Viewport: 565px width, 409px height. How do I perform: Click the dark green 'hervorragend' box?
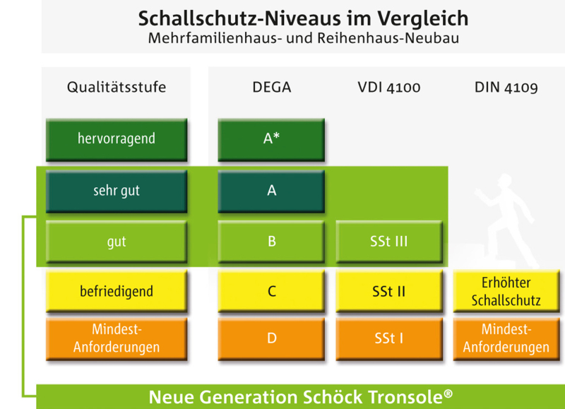coord(117,139)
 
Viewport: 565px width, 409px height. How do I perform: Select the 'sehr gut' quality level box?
coord(117,191)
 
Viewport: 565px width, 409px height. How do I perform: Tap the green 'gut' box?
coord(117,242)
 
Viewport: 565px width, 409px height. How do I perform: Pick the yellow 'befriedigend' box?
coord(117,291)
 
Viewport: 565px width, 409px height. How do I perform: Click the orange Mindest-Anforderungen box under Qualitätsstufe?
coord(117,339)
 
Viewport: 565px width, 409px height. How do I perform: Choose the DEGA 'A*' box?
coord(271,139)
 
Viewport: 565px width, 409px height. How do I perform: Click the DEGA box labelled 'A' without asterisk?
coord(271,191)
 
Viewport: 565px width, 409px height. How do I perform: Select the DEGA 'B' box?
coord(271,242)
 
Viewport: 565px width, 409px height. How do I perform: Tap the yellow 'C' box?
coord(271,291)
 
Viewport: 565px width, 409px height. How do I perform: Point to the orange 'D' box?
coord(271,339)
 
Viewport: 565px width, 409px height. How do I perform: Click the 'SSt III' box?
coord(389,242)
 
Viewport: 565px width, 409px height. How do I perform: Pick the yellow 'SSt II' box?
coord(389,291)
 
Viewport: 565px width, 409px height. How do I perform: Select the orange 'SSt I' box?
coord(389,339)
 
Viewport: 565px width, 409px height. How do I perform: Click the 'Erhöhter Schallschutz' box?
coord(506,291)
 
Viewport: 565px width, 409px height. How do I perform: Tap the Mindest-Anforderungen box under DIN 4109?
coord(506,339)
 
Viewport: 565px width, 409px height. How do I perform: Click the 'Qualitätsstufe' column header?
coord(117,88)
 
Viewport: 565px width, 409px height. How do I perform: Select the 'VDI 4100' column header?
coord(389,88)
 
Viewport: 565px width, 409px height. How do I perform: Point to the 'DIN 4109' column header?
coord(506,88)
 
